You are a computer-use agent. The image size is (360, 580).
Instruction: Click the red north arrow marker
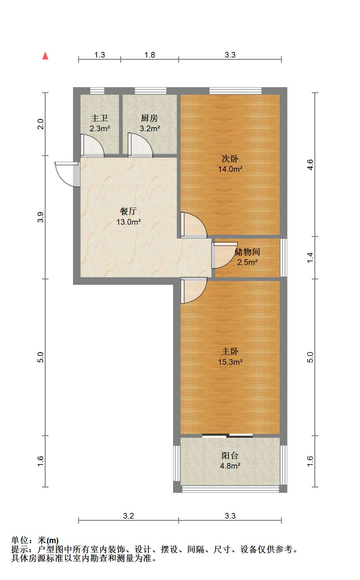click(x=45, y=56)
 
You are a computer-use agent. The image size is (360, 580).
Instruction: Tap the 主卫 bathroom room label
click(x=99, y=118)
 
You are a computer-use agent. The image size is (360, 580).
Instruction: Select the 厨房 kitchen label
click(x=149, y=118)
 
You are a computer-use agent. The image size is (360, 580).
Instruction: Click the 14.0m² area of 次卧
click(x=230, y=169)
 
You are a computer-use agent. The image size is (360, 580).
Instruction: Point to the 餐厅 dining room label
click(x=128, y=211)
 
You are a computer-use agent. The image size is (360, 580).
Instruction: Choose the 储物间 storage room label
click(x=247, y=252)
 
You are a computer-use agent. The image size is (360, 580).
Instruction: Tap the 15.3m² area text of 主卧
click(x=230, y=362)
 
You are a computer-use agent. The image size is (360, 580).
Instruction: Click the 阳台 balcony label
click(x=230, y=455)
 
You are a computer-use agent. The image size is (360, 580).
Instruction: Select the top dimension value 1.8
click(x=150, y=55)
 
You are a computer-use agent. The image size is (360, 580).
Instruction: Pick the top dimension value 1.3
click(x=100, y=55)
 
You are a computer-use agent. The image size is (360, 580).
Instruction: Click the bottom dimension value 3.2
click(x=128, y=516)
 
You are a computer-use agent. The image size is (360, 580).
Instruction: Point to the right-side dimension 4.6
click(x=310, y=165)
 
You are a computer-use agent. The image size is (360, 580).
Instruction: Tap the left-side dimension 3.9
click(x=41, y=217)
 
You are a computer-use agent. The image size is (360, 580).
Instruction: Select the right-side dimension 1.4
click(x=310, y=257)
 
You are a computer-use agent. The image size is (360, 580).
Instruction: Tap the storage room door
click(x=224, y=255)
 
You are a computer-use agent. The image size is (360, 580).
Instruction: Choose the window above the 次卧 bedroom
click(x=236, y=91)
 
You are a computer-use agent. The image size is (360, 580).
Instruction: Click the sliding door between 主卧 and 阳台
click(x=228, y=436)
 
